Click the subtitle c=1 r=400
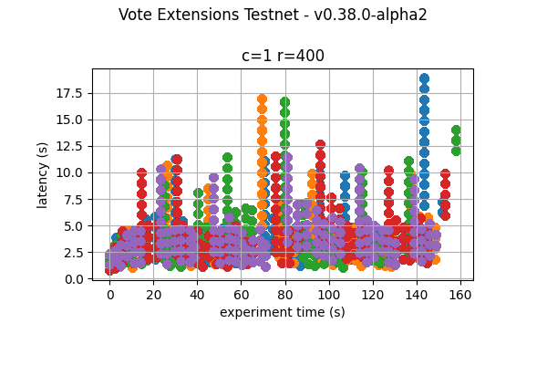(283, 56)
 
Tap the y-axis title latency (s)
(43, 173)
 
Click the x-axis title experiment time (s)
(283, 312)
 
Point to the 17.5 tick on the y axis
(72, 93)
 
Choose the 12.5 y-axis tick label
(72, 146)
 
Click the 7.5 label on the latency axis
(76, 199)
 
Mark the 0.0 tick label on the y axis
(76, 278)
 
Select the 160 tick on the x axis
(460, 295)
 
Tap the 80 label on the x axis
(285, 295)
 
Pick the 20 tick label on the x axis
(154, 295)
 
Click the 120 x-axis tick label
(373, 295)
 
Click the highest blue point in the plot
(424, 79)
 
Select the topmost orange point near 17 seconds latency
(262, 99)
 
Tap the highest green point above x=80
(284, 102)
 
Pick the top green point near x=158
(456, 130)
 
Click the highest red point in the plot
(320, 145)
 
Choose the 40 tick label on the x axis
(198, 295)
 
